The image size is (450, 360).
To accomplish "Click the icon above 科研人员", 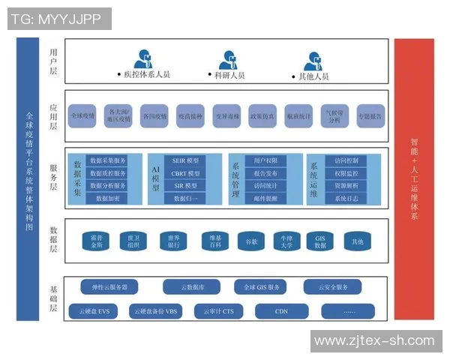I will tap(228, 59).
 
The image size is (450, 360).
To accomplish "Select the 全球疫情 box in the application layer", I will tap(82, 116).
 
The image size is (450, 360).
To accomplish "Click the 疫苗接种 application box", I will tap(190, 116).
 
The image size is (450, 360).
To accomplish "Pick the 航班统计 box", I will tap(298, 116).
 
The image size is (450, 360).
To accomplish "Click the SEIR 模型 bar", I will tap(185, 161).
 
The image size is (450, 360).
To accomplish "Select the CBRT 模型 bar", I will tap(185, 173).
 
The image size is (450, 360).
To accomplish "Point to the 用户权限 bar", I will tap(265, 161).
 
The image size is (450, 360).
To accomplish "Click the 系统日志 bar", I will tap(346, 198).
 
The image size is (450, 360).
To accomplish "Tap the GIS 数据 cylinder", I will tap(321, 241).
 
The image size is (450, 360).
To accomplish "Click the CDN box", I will tap(281, 310).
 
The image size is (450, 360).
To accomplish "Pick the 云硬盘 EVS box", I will tap(94, 310).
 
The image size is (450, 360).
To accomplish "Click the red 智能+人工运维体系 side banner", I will tap(414, 178).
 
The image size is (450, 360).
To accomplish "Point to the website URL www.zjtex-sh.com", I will tap(374, 340).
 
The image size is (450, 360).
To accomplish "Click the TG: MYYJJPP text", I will tap(58, 19).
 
